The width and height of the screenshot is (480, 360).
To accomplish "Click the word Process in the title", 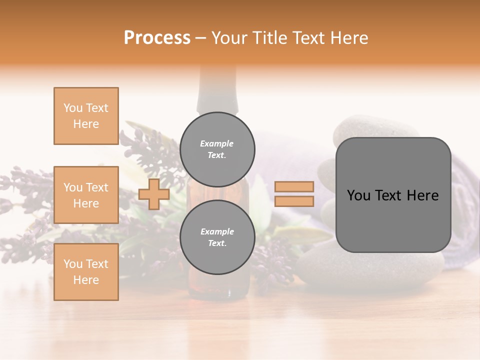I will tap(157, 38).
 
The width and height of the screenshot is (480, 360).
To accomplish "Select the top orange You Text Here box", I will tap(86, 116).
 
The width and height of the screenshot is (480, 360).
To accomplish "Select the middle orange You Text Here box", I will tap(86, 195).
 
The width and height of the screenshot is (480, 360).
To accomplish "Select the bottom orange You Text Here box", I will tap(86, 272).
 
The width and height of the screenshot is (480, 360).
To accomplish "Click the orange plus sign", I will tap(154, 194).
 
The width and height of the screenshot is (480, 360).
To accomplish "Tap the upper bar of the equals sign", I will tap(294, 186).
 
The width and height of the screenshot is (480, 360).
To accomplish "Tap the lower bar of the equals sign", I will tap(294, 201).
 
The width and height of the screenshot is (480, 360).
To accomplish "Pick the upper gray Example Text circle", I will tap(217, 149).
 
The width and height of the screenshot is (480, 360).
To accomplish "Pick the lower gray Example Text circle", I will tap(217, 237).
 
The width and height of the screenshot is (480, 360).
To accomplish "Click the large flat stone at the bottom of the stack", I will tap(370, 270).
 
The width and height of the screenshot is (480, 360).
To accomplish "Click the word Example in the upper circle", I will tap(217, 143).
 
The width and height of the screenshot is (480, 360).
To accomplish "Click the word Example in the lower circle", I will tap(217, 231).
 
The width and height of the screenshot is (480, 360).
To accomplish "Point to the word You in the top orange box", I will tap(72, 108).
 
